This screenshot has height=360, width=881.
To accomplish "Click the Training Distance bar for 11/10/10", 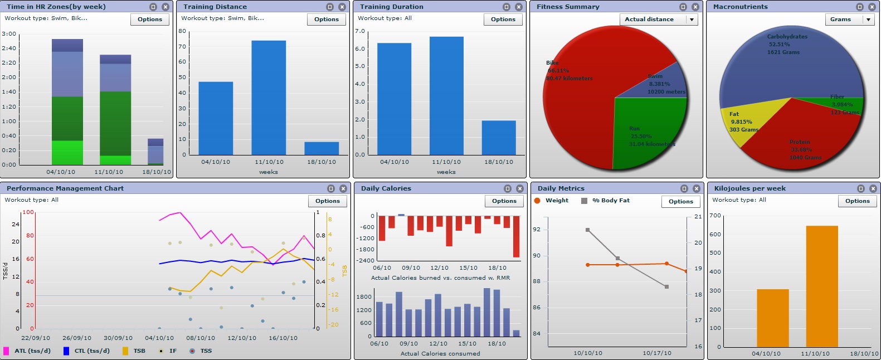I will [269, 98].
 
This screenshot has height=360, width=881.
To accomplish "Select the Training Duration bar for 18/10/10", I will [499, 138].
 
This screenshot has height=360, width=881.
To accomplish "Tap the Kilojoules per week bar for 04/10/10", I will [772, 318].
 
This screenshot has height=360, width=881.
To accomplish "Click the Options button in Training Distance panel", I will [326, 20].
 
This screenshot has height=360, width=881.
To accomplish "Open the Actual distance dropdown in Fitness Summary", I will [692, 20].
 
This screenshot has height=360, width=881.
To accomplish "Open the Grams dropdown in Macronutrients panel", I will [868, 20].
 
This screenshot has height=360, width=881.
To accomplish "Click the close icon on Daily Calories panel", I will [519, 189].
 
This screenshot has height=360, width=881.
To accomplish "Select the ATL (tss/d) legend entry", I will [26, 351].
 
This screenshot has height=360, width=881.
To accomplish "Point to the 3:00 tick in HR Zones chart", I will [9, 34].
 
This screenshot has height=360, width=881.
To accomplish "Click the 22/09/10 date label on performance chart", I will [36, 338].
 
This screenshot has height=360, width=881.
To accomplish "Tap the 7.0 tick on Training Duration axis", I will [360, 31].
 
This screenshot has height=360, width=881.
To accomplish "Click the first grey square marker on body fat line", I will [588, 230].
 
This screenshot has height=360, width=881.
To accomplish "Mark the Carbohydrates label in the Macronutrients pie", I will [787, 37].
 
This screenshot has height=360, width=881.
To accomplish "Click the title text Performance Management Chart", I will [65, 188].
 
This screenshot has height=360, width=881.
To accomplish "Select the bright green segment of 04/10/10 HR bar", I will [67, 153].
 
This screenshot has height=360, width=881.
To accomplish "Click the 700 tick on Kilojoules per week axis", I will [715, 216].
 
